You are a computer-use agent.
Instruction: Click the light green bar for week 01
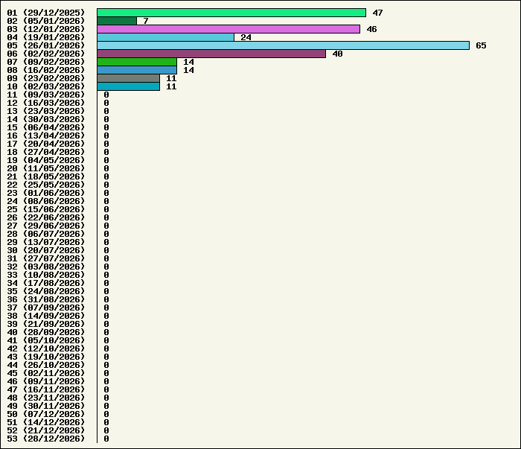tap(231, 13)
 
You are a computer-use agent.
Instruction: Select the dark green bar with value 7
tap(117, 21)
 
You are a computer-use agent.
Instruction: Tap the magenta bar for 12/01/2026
tap(228, 29)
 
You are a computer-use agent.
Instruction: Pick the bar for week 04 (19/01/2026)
tap(165, 37)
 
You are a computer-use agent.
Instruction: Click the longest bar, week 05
tap(283, 45)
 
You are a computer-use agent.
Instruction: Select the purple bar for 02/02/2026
tap(211, 54)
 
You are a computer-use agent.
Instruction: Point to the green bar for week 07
tap(137, 62)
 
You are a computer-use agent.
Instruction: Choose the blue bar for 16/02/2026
tap(137, 70)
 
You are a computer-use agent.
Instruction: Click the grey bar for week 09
tap(128, 78)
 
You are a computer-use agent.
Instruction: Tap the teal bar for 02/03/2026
tap(128, 86)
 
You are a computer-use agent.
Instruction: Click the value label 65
tap(481, 45)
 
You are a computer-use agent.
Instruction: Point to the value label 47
tap(377, 13)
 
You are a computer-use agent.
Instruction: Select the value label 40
tap(337, 54)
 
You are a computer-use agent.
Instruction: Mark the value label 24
tap(246, 37)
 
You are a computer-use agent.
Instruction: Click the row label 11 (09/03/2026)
tap(45, 95)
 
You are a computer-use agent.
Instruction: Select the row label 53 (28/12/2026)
tap(45, 439)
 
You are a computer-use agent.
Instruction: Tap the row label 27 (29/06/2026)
tap(45, 226)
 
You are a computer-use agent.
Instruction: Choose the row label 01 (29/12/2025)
tap(45, 13)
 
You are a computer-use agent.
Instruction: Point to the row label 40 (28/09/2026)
tap(45, 332)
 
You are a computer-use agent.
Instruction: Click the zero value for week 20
tap(106, 168)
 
